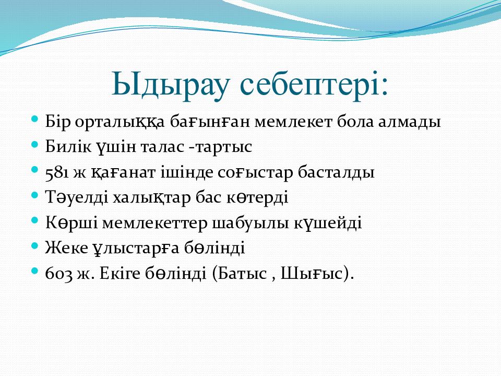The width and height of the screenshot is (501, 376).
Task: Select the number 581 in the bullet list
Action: (57, 173)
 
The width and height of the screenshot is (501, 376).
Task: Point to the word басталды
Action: (336, 172)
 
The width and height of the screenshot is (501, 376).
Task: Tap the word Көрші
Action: (71, 223)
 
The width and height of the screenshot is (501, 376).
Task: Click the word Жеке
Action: (66, 248)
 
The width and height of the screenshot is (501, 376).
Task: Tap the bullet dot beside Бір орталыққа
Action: (35, 120)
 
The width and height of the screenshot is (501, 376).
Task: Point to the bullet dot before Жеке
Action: (35, 246)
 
